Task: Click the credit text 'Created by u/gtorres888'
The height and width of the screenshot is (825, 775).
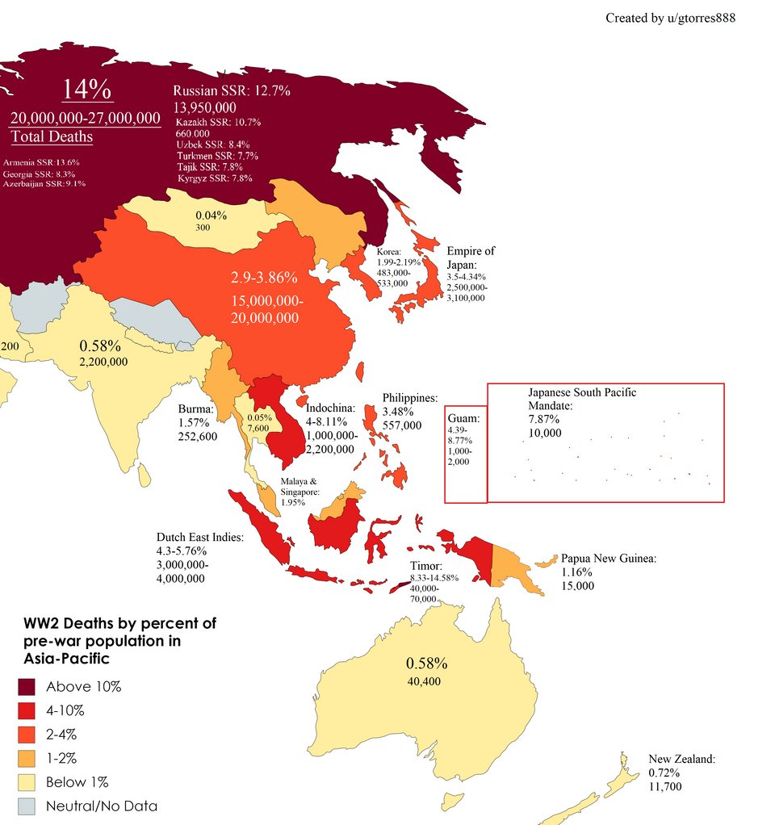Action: (x=670, y=18)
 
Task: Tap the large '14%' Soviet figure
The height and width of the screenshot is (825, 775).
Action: (x=86, y=90)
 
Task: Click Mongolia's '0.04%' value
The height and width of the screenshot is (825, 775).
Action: (x=212, y=216)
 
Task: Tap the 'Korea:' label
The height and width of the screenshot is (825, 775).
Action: (x=389, y=252)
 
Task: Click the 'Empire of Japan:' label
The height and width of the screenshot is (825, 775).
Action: (x=471, y=258)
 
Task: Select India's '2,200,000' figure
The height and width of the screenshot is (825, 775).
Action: (x=103, y=362)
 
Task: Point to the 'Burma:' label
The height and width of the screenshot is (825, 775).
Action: (x=195, y=408)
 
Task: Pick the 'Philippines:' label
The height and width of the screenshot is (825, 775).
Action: (x=410, y=398)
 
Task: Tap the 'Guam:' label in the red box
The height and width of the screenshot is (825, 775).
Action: (x=464, y=418)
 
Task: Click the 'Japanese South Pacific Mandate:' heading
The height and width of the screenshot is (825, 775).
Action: (x=581, y=399)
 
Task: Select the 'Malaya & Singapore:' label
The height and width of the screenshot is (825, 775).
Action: (x=300, y=486)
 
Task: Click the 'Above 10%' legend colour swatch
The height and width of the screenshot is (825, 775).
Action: (x=27, y=687)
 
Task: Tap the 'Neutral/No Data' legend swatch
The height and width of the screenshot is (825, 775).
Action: (x=27, y=805)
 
